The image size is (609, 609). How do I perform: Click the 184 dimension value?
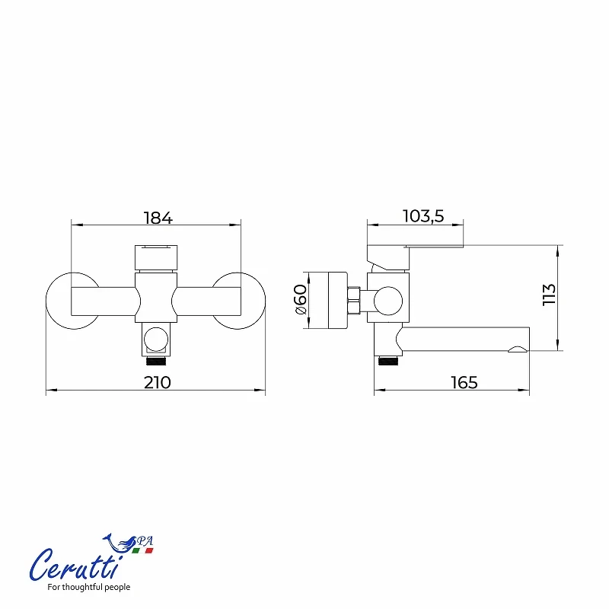tap(158, 218)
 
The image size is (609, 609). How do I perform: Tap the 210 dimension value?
tap(158, 383)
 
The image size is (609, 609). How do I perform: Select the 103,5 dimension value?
tap(423, 216)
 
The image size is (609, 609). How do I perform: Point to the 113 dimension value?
tap(549, 295)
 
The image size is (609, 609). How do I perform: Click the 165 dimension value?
tap(464, 383)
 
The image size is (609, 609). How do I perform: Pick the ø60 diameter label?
tap(301, 299)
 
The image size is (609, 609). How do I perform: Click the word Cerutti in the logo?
tap(74, 565)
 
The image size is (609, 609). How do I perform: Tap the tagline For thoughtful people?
tap(88, 587)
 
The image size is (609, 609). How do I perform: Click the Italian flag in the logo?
tap(142, 550)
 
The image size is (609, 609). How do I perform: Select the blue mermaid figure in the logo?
tap(120, 542)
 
